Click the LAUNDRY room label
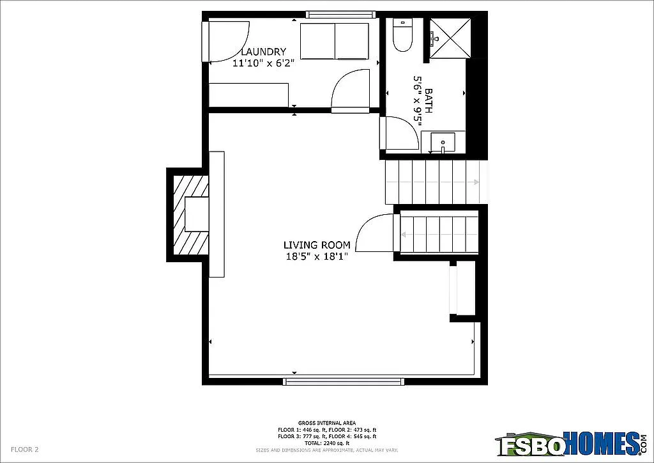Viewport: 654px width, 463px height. pos(263,52)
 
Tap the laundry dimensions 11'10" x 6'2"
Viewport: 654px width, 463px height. pos(263,63)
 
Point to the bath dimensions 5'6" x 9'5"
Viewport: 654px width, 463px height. pos(418,100)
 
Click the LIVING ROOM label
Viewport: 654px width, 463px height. pos(317,245)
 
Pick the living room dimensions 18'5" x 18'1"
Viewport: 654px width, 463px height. pos(317,256)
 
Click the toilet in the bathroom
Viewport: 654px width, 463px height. pos(402,37)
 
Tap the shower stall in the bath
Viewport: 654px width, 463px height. pos(450,38)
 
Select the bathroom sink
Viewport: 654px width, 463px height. pos(442,142)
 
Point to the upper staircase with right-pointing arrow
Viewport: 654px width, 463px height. pos(432,182)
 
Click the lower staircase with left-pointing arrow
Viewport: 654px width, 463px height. pos(439,234)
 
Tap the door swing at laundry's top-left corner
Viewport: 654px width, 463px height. pos(227,41)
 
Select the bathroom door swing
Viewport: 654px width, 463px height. pos(400,133)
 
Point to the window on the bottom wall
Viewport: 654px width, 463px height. pos(344,382)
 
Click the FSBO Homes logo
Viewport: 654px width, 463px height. pos(570,442)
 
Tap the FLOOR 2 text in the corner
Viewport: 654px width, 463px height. pos(25,450)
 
